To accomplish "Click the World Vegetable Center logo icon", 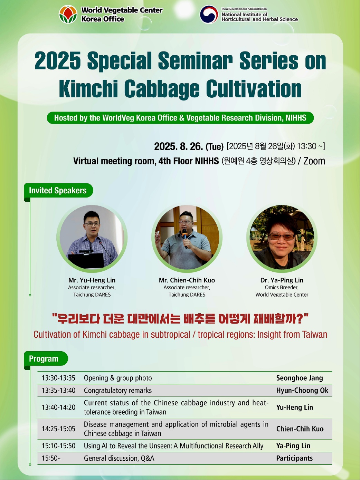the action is pyautogui.click(x=68, y=14).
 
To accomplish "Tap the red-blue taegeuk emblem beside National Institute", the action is pyautogui.click(x=209, y=15).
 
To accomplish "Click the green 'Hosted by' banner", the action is pyautogui.click(x=180, y=118).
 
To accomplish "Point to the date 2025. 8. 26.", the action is pyautogui.click(x=179, y=146).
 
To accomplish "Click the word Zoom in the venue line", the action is pyautogui.click(x=314, y=161).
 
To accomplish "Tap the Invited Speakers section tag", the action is pyautogui.click(x=58, y=191).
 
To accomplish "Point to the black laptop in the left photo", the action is pyautogui.click(x=86, y=260).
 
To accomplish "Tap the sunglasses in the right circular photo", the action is pyautogui.click(x=282, y=237).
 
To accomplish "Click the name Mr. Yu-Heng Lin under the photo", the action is pyautogui.click(x=92, y=280).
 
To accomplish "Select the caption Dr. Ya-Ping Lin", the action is pyautogui.click(x=282, y=280).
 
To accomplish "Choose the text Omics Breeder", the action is pyautogui.click(x=282, y=287).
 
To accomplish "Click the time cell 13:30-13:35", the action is pyautogui.click(x=59, y=378).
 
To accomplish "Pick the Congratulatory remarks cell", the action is pyautogui.click(x=118, y=391).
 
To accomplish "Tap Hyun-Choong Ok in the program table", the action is pyautogui.click(x=302, y=391).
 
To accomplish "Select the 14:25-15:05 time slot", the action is pyautogui.click(x=59, y=429).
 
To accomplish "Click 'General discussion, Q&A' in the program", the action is pyautogui.click(x=119, y=458).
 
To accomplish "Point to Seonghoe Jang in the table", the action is pyautogui.click(x=300, y=378).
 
